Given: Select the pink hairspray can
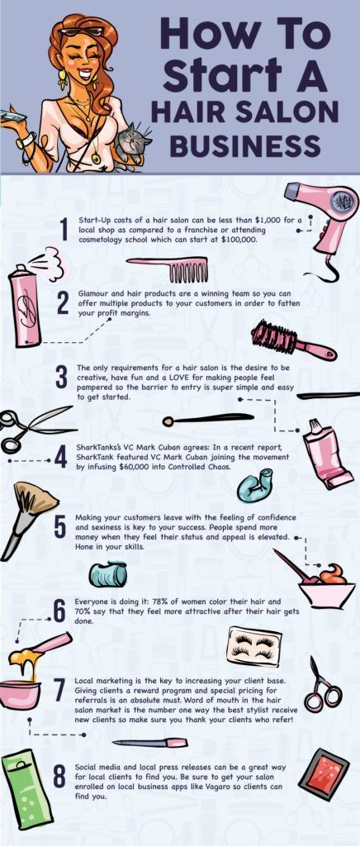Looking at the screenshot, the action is tap(25, 307).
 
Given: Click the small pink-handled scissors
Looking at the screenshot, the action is tap(320, 684).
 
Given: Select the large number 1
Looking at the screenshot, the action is tap(64, 231).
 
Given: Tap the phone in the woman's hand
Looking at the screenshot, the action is tap(12, 118).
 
